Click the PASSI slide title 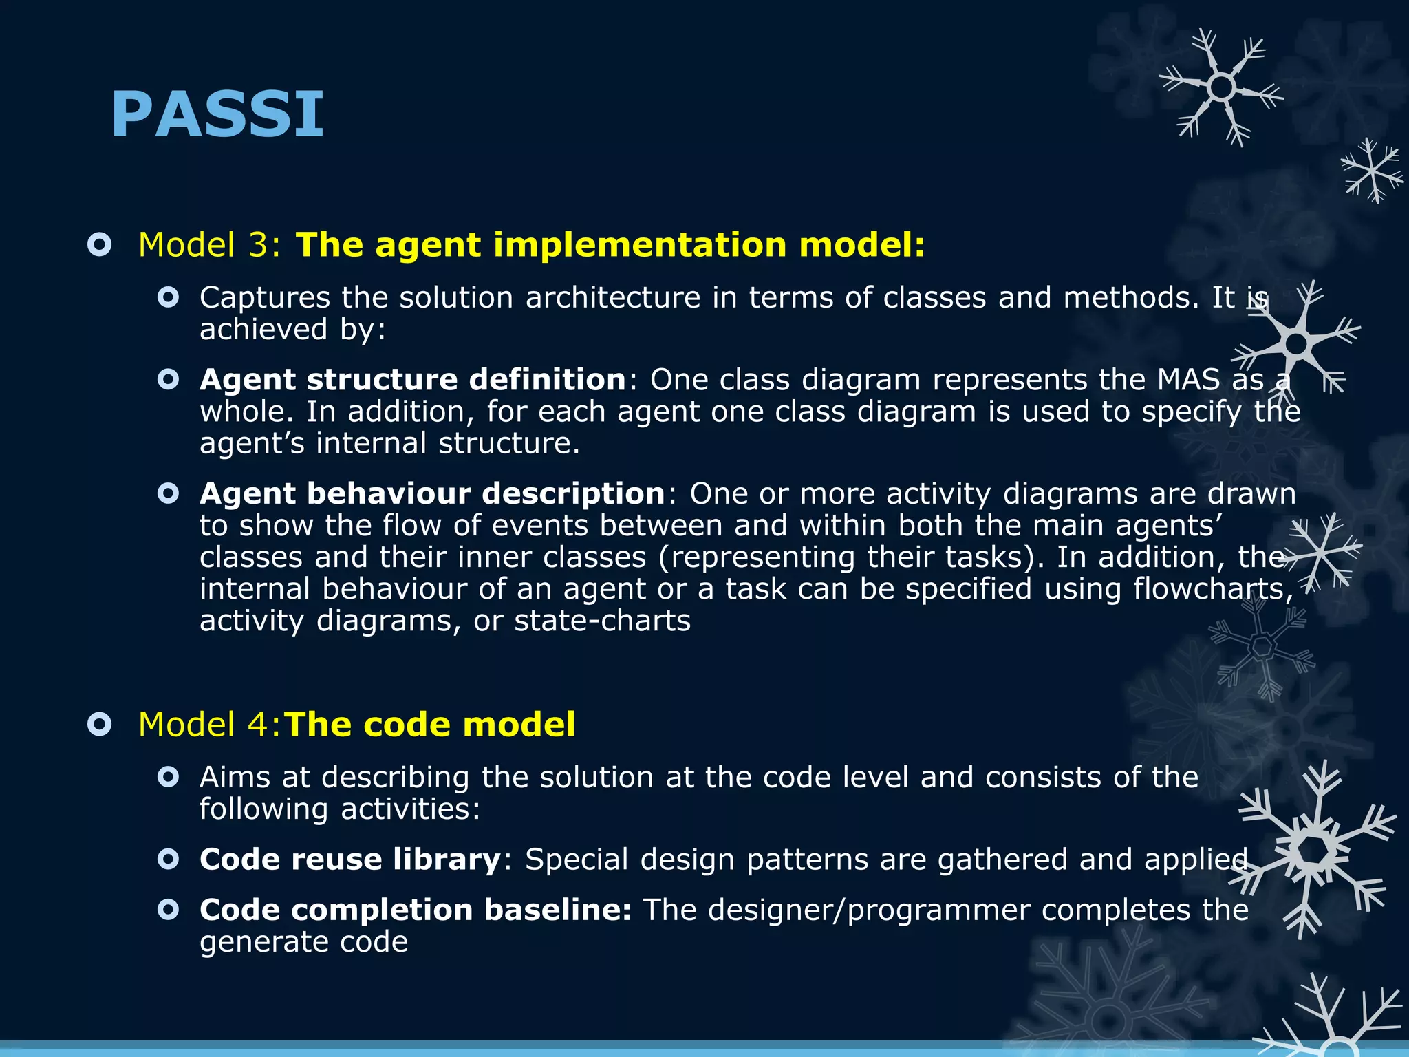[217, 114]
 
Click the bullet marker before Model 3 [100, 245]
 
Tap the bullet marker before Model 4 [100, 725]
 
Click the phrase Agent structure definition [413, 380]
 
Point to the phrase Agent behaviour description [432, 494]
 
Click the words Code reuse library [350, 860]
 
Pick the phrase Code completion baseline [415, 910]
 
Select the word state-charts [602, 621]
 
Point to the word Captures [265, 298]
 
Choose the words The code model [430, 725]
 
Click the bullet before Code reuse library [169, 860]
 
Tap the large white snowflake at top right [1221, 87]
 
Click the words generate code [303, 942]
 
